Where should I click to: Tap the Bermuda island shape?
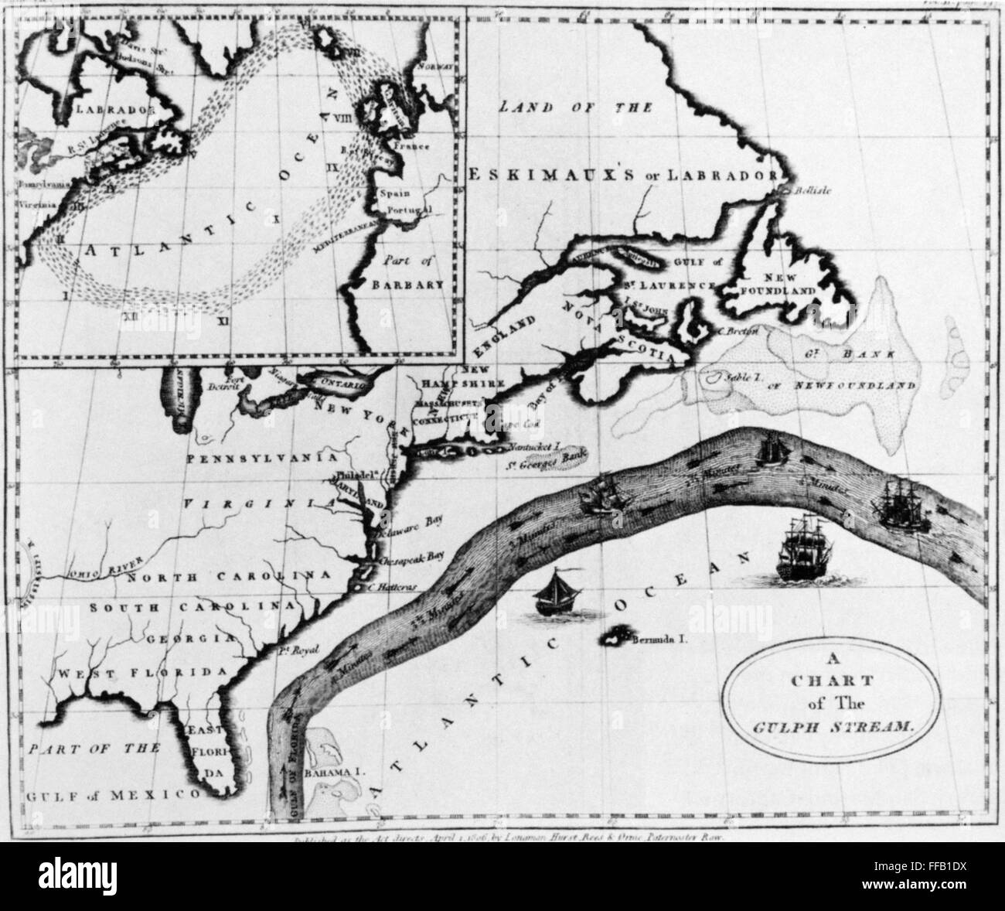coord(617,638)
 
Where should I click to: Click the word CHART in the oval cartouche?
coord(833,681)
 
